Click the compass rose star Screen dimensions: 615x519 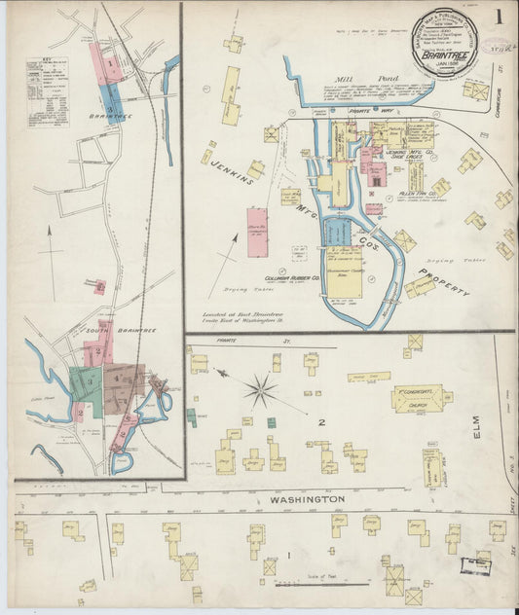pyautogui.click(x=260, y=391)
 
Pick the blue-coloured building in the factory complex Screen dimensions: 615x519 pyautogui.click(x=336, y=232)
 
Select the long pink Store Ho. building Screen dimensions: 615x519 pyautogui.click(x=258, y=232)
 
